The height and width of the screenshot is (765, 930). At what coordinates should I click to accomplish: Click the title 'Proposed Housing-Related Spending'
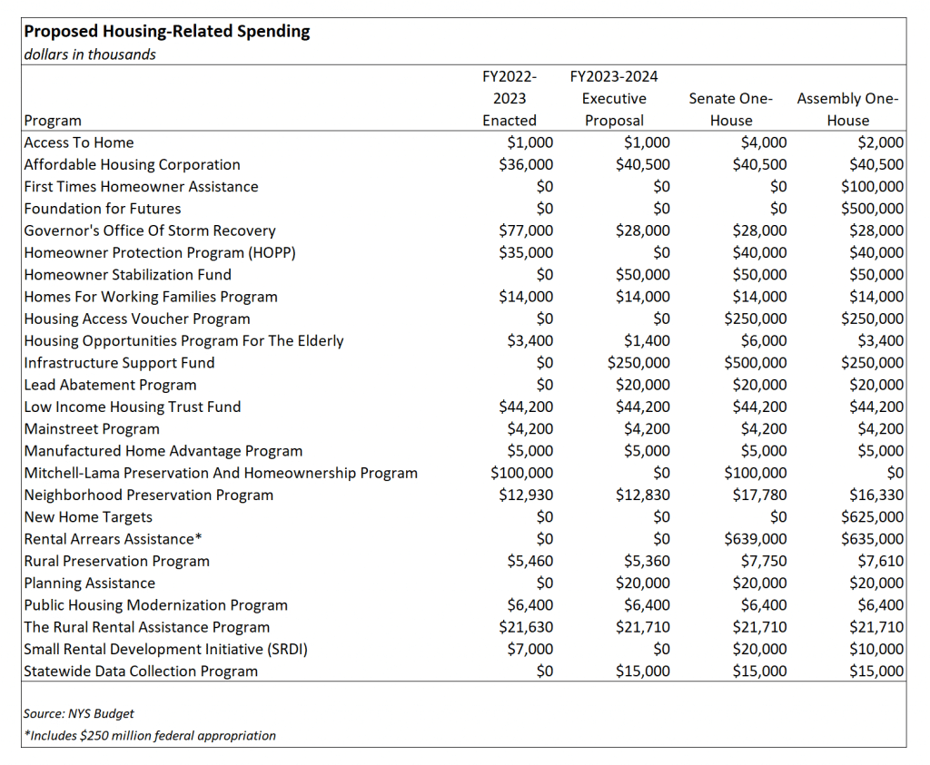(167, 32)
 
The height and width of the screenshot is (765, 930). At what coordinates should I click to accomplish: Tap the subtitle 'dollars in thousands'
(90, 54)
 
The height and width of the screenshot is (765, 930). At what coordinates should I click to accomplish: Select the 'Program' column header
(53, 121)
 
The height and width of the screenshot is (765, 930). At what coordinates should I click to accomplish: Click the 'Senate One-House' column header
(731, 110)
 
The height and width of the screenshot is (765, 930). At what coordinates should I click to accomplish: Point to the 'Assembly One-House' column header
(847, 110)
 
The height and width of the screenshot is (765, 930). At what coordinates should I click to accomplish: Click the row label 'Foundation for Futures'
(103, 209)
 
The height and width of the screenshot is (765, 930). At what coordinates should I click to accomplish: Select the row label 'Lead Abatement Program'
(110, 385)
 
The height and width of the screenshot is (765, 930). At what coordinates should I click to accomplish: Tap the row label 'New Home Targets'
(88, 517)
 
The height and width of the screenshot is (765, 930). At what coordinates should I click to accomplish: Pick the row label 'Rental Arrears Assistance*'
(114, 539)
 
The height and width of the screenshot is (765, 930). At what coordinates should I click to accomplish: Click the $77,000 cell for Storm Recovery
(526, 230)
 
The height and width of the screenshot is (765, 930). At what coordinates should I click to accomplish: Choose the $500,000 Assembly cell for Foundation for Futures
(873, 209)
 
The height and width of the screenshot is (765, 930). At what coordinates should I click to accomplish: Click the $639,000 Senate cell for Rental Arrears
(756, 539)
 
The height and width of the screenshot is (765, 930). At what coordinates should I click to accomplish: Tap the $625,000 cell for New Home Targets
(873, 517)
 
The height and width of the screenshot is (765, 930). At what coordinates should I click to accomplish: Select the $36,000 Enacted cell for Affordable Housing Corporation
(526, 165)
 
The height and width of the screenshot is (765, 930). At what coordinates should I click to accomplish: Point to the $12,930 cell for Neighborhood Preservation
(526, 495)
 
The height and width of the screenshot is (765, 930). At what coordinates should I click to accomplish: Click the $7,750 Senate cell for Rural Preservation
(764, 561)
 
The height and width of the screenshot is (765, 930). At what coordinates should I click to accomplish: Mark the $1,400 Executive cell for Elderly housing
(647, 340)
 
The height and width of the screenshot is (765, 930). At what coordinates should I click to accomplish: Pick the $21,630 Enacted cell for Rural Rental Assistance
(526, 628)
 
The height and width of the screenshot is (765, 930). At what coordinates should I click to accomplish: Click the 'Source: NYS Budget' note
(79, 714)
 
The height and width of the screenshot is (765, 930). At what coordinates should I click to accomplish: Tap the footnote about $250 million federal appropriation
(150, 736)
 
